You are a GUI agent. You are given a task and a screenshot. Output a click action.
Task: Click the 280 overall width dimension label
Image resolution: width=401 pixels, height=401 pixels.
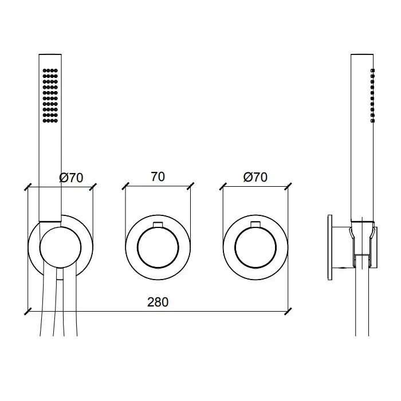(x=158, y=302)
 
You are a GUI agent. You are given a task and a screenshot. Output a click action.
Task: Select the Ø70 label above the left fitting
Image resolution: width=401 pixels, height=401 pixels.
(x=71, y=178)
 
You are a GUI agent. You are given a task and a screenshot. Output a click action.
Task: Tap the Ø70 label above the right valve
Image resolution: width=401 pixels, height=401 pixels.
(x=255, y=177)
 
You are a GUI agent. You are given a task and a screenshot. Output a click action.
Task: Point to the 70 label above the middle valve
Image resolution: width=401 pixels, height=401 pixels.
(x=158, y=176)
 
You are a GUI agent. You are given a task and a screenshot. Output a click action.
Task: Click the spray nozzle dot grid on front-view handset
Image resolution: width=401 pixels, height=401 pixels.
(x=50, y=96)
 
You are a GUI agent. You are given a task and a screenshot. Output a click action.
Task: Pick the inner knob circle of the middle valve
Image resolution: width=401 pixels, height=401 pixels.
(x=158, y=247)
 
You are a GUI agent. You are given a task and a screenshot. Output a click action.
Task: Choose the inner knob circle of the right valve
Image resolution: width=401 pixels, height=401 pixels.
(x=255, y=247)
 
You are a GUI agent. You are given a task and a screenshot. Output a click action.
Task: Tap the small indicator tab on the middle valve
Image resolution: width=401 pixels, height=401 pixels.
(x=158, y=225)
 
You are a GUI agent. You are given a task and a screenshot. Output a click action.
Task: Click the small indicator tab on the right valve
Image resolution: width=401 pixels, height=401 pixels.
(x=255, y=225)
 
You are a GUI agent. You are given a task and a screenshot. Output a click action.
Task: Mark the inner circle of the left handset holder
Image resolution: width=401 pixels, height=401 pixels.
(x=61, y=247)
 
